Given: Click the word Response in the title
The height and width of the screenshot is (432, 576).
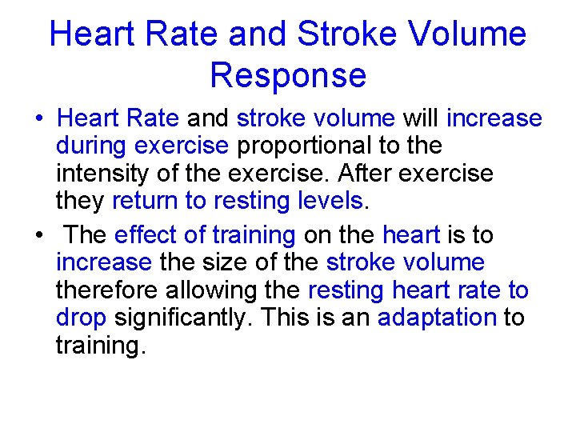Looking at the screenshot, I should click(288, 74).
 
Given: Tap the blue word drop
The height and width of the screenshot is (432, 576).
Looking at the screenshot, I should click(81, 318).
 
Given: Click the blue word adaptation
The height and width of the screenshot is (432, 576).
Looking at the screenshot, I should click(437, 318).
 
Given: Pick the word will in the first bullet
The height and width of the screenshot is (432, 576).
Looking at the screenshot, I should click(421, 118).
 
